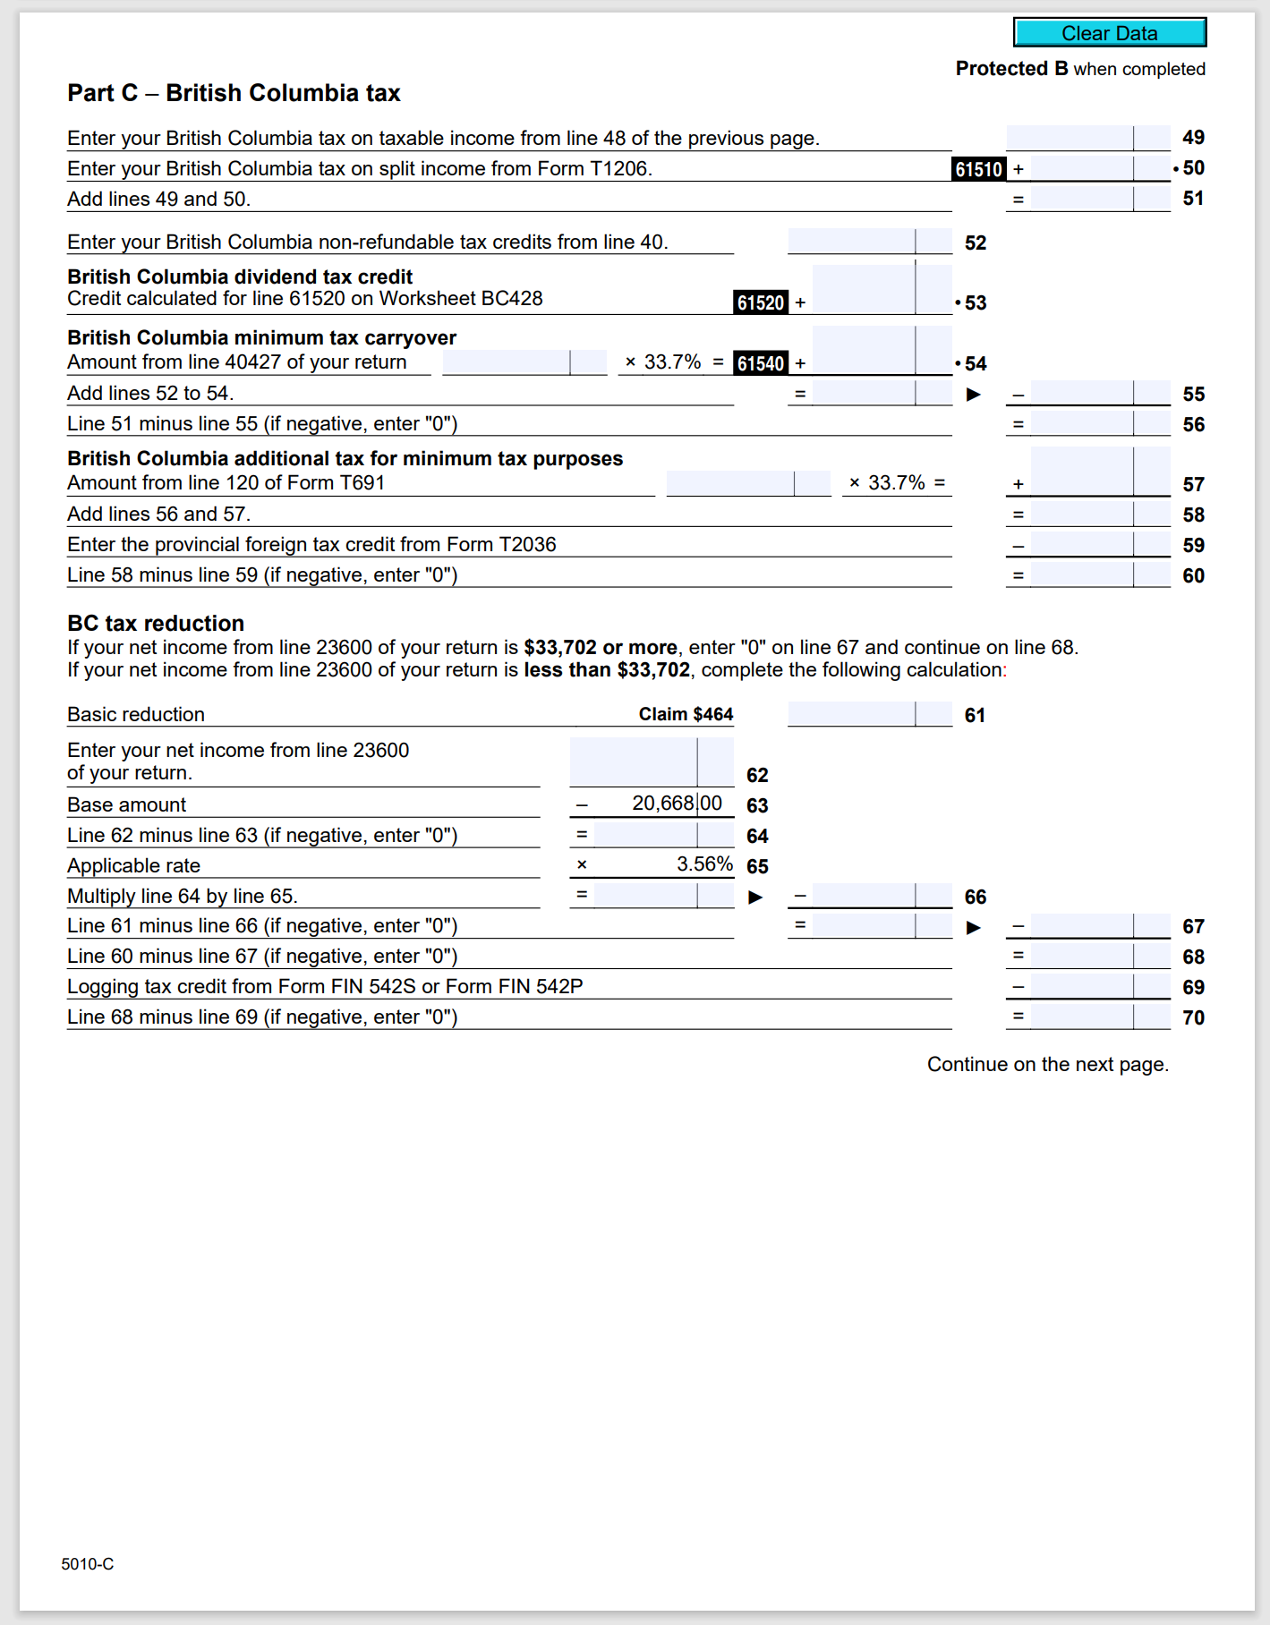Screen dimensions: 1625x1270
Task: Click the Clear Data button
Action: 1109,33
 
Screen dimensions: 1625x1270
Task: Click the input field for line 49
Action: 1087,138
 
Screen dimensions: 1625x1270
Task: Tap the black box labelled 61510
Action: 978,169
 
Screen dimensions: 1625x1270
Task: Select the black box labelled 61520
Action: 761,303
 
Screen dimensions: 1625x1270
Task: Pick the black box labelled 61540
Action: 761,363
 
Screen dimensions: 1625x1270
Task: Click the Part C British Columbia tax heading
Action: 234,93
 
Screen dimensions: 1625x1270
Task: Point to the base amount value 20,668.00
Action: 676,804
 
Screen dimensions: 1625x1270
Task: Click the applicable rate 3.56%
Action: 703,864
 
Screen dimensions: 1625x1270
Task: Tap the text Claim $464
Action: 686,714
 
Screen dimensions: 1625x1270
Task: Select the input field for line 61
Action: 869,714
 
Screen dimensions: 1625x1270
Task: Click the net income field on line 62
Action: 651,761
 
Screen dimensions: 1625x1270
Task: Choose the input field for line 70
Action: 1099,1017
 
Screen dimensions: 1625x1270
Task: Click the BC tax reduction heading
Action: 156,624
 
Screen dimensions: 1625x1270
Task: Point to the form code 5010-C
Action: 88,1564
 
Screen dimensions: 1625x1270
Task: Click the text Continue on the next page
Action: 1047,1064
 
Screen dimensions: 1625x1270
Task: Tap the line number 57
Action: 1193,485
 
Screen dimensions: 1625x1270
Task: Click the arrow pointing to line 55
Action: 974,395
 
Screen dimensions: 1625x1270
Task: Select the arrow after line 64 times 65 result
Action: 755,897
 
